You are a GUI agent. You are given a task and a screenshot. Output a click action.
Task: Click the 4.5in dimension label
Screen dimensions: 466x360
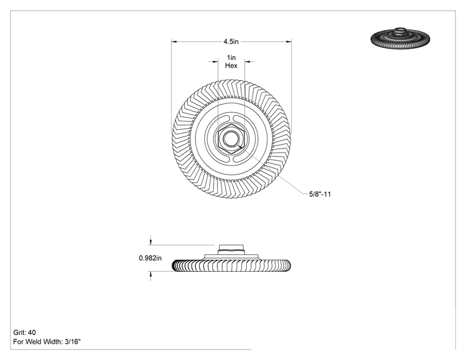click(x=231, y=41)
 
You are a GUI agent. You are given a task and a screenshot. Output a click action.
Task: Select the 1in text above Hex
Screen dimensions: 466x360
click(x=231, y=58)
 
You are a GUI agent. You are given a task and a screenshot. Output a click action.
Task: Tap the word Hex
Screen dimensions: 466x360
click(x=231, y=66)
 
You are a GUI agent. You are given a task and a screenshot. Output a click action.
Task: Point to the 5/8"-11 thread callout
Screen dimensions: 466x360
click(x=320, y=194)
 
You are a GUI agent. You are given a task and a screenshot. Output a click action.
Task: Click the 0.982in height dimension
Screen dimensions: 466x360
click(x=150, y=258)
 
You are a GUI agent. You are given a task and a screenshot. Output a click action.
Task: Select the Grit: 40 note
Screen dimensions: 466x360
click(x=24, y=332)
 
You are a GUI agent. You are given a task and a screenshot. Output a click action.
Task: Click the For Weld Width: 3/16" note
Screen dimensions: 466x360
click(x=46, y=342)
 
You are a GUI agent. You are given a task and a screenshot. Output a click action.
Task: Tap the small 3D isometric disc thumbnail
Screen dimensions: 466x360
click(x=400, y=38)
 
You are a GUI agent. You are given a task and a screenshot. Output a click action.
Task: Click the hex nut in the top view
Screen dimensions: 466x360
click(x=230, y=138)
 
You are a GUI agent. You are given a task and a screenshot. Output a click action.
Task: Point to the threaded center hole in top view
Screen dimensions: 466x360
click(x=230, y=138)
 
